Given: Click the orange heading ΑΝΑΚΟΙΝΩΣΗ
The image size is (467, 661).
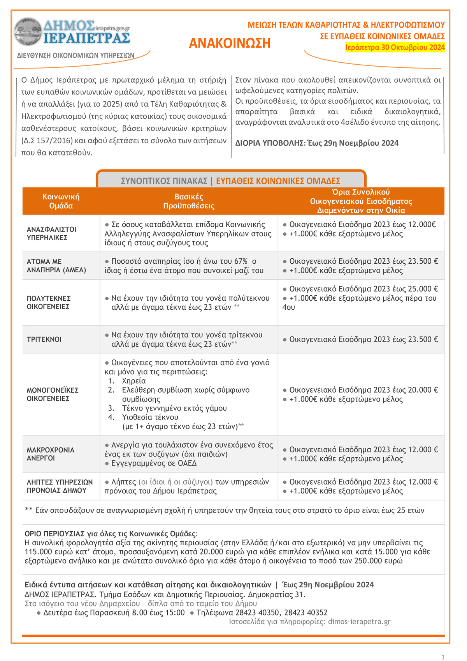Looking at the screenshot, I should (230, 43).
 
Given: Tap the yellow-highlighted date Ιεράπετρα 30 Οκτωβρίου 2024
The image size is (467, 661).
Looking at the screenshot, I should (395, 48).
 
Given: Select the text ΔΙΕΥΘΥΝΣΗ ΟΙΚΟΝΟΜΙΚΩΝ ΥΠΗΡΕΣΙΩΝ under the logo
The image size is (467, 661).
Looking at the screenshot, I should (75, 55).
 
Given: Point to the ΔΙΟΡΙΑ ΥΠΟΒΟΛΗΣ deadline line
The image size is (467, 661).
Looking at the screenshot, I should (317, 143).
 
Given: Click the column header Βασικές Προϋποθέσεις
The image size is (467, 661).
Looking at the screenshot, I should (189, 201).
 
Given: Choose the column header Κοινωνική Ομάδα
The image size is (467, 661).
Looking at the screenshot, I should (61, 201).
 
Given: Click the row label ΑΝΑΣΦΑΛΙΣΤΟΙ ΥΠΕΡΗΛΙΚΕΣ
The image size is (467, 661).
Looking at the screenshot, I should (51, 233).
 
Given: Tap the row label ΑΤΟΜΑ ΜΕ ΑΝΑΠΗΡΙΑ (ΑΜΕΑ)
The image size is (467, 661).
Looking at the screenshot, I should (56, 266).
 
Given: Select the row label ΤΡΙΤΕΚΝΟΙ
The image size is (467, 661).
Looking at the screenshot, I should (44, 339).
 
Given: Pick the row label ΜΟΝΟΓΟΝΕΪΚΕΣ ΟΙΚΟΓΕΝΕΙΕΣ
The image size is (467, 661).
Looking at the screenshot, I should (53, 394).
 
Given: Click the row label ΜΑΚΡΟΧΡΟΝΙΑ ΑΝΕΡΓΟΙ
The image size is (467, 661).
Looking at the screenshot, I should (51, 454).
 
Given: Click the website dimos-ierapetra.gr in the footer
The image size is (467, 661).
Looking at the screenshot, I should (359, 622).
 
